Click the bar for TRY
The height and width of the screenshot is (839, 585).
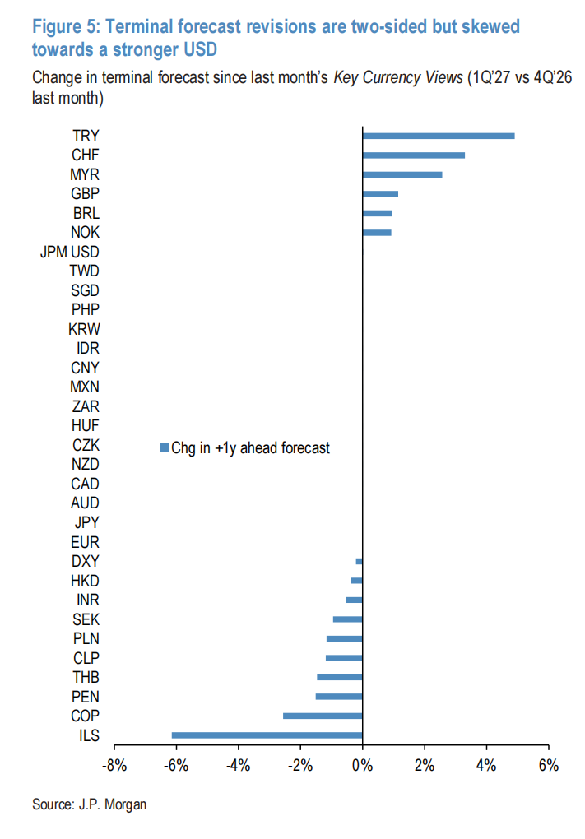(439, 136)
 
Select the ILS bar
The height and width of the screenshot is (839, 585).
(267, 735)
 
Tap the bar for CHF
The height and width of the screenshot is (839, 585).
(413, 155)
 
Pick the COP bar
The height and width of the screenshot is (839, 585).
(323, 716)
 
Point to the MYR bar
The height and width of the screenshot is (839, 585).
(402, 174)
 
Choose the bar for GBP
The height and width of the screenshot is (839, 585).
(380, 194)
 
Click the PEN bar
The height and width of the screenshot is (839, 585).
(339, 697)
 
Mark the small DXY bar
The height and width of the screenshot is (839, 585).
(359, 561)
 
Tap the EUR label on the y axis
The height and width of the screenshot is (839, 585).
(85, 542)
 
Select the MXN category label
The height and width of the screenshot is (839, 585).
(85, 387)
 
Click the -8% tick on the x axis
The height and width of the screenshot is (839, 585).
(114, 766)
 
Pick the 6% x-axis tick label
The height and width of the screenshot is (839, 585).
(548, 766)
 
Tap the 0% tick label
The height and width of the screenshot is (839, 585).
(362, 766)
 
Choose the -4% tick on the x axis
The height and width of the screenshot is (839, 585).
(238, 766)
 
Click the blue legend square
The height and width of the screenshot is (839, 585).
(163, 448)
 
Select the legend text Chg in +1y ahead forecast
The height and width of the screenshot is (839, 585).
(250, 448)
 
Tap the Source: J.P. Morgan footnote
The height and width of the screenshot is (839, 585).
(90, 804)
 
